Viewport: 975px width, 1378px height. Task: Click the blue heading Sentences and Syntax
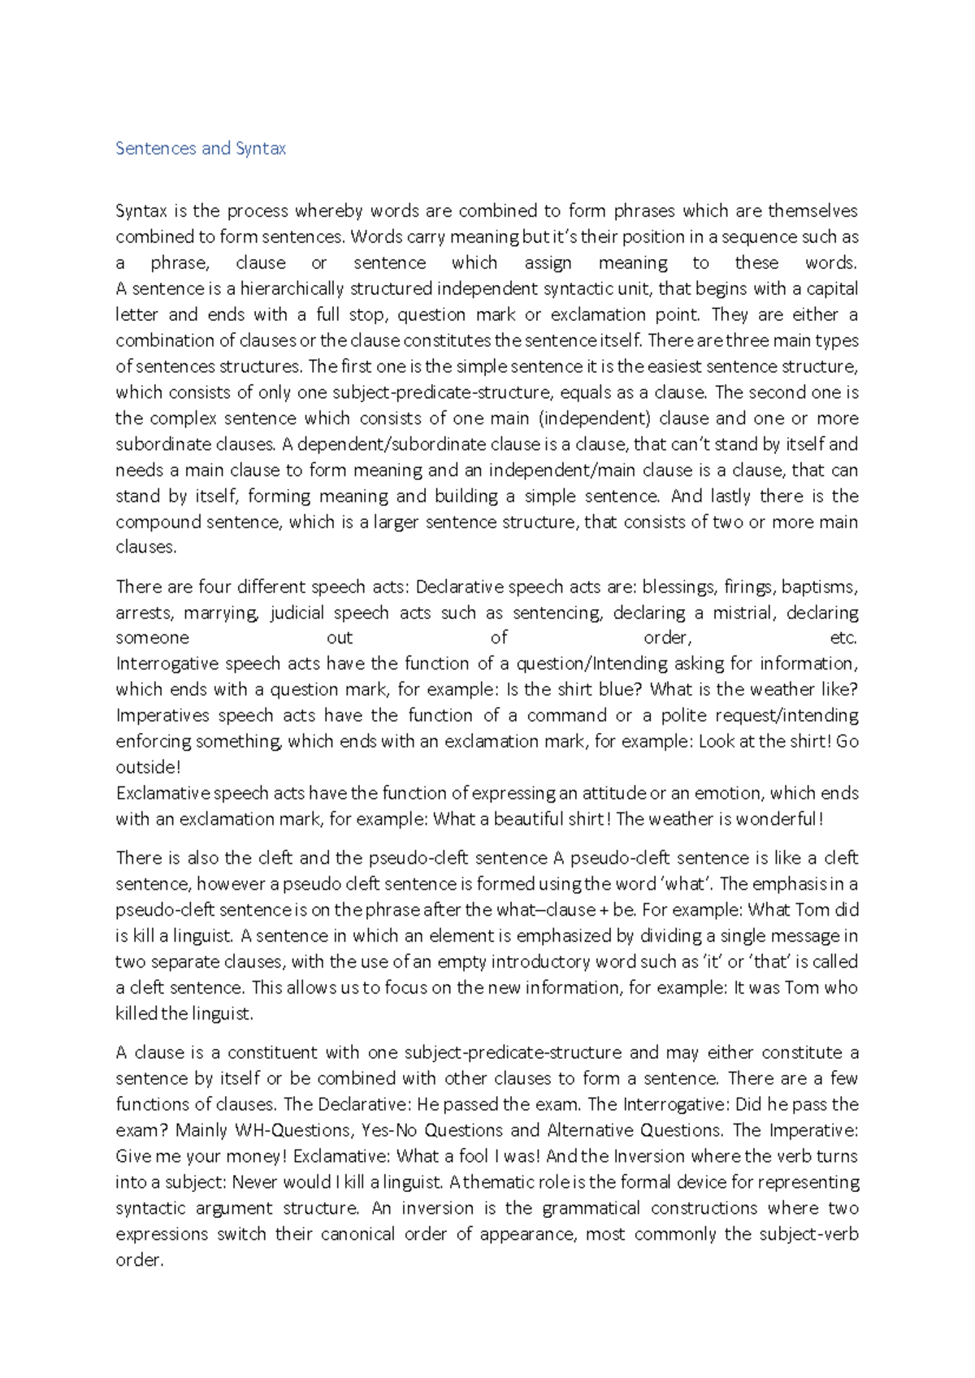point(200,149)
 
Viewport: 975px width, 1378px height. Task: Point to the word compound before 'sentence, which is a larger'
point(158,522)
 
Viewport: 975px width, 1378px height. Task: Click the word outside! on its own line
point(148,767)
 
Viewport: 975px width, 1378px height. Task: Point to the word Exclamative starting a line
point(162,793)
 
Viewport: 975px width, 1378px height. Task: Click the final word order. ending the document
point(140,1260)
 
